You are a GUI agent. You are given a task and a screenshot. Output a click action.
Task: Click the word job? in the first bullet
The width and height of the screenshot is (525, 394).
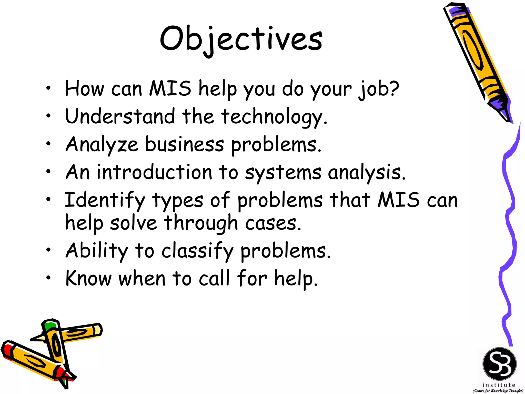click(x=379, y=89)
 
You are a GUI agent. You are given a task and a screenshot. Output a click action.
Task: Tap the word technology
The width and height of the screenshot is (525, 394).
click(x=274, y=117)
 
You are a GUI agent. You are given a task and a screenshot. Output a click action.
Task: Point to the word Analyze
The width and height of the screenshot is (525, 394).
click(x=102, y=145)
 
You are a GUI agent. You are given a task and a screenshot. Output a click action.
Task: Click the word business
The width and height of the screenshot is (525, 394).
click(x=185, y=144)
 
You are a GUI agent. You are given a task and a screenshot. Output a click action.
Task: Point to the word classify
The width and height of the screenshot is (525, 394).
click(x=197, y=251)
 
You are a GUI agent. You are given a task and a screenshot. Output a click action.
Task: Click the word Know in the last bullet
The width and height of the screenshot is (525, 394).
click(x=88, y=278)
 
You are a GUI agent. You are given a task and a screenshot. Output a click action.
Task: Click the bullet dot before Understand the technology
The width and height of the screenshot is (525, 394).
click(x=48, y=116)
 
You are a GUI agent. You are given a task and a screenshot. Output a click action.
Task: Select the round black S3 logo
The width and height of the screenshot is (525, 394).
click(x=499, y=364)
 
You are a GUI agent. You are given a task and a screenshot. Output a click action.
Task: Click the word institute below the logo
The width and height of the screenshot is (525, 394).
click(x=499, y=385)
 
